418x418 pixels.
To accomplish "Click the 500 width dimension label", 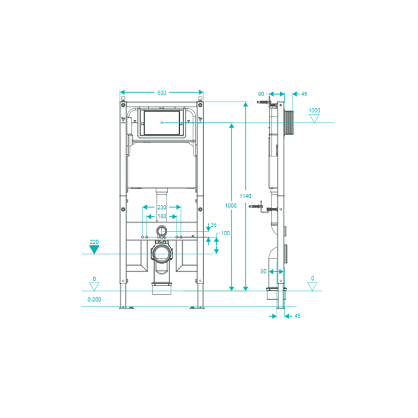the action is pos(162,93).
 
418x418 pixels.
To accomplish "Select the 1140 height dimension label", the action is pos(245,196).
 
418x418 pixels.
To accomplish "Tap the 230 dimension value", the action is pos(162,207).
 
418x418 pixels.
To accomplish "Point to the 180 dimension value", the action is pos(162,216).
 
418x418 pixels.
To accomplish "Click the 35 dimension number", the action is pos(214,225).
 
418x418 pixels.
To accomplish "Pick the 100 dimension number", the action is pos(225,233).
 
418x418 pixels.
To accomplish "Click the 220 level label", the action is pos(94,242).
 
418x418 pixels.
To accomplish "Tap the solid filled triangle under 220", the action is pos(94,249).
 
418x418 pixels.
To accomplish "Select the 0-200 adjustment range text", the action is pos(94,300).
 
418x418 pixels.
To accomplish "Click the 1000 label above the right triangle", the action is pos(314,110).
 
